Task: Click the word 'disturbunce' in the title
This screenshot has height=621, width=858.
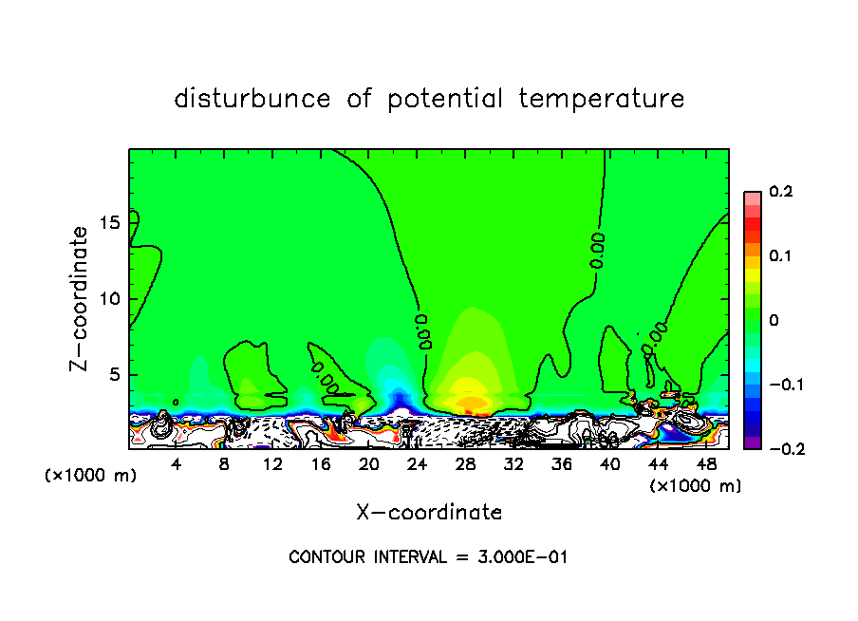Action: (252, 99)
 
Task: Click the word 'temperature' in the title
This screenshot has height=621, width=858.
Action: (602, 99)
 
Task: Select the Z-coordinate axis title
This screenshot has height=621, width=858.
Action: (81, 298)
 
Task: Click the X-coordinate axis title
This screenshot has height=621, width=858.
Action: (429, 513)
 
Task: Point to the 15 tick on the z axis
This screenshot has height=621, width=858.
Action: (111, 222)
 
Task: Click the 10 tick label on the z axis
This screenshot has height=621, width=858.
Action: (111, 299)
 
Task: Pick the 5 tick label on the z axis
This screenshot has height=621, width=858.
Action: (116, 375)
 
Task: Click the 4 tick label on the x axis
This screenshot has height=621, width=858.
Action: (176, 464)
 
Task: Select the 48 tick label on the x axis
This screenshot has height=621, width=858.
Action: (706, 464)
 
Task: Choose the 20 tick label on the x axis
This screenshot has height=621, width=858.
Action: (368, 464)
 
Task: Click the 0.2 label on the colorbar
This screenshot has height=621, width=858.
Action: (780, 193)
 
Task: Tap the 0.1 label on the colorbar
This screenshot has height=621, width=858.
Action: (780, 256)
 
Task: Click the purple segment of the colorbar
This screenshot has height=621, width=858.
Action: (752, 442)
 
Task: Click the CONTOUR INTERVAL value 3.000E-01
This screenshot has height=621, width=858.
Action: (524, 557)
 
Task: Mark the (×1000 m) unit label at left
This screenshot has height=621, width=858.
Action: (91, 476)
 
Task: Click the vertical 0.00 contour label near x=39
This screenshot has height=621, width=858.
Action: (597, 249)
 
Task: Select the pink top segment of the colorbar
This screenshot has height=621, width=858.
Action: (752, 197)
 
